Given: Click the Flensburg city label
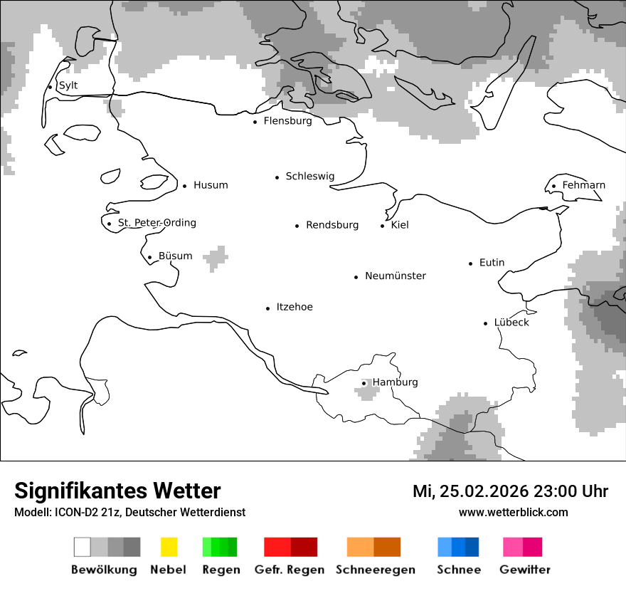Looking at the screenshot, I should (x=287, y=121).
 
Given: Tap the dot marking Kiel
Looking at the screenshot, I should (x=383, y=226).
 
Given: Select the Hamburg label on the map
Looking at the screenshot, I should (x=395, y=382).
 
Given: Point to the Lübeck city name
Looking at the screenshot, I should (x=511, y=323).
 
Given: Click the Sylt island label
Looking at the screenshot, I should (x=68, y=85).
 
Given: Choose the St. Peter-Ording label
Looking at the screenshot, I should (x=156, y=223).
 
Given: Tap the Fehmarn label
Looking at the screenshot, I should (x=583, y=185).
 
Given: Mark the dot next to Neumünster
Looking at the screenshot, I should (x=356, y=277).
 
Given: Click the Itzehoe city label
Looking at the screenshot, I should (x=295, y=307).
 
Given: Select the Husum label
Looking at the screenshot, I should (x=211, y=185).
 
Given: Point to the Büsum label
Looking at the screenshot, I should (x=175, y=256).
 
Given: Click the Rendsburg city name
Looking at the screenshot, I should (x=332, y=225).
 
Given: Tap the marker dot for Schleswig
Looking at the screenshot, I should (x=277, y=177).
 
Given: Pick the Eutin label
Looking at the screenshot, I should (x=492, y=263).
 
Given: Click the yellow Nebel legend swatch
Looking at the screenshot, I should (x=169, y=547).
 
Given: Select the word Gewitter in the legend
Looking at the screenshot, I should (x=524, y=570).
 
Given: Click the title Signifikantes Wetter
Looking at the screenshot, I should (x=117, y=491).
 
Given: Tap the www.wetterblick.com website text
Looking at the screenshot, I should (x=513, y=512).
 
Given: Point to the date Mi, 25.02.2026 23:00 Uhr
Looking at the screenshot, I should (x=510, y=491).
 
